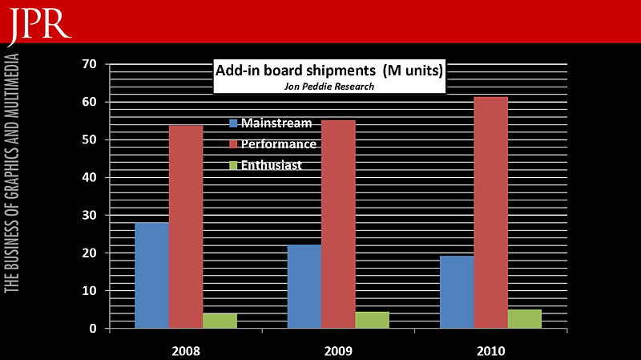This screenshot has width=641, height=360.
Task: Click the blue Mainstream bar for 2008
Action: pyautogui.click(x=151, y=275)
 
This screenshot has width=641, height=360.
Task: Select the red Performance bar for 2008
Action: pyautogui.click(x=186, y=226)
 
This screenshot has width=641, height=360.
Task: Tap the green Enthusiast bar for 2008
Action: pyautogui.click(x=220, y=321)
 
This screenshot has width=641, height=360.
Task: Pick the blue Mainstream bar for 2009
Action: pyautogui.click(x=304, y=286)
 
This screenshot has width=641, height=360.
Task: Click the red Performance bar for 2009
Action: pyautogui.click(x=338, y=224)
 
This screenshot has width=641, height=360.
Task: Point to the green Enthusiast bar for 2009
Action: pyautogui.click(x=372, y=320)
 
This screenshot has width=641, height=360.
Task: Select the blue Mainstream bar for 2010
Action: pyautogui.click(x=457, y=292)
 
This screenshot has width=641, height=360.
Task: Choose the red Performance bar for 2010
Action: pyautogui.click(x=490, y=212)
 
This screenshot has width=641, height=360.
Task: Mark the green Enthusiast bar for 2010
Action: pyautogui.click(x=524, y=318)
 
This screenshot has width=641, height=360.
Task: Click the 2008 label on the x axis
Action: pyautogui.click(x=186, y=351)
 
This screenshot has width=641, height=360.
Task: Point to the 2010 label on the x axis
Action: pyautogui.click(x=490, y=351)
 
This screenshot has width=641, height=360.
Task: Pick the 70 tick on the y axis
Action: pyautogui.click(x=89, y=64)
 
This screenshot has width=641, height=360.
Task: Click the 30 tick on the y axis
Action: pyautogui.click(x=89, y=215)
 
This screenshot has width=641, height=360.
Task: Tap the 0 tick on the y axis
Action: pyautogui.click(x=93, y=329)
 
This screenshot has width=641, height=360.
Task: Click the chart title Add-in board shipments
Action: pyautogui.click(x=329, y=71)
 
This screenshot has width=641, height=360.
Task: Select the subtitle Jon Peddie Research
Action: pyautogui.click(x=329, y=87)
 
